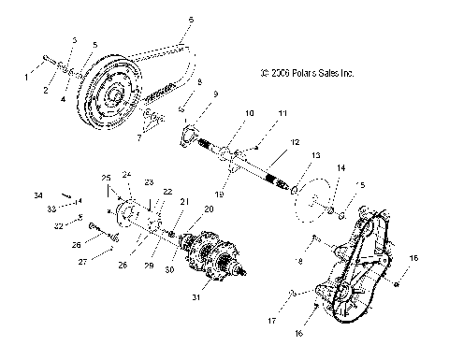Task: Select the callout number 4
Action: pyautogui.click(x=65, y=97)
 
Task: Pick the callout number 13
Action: pyautogui.click(x=315, y=154)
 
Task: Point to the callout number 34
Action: pyautogui.click(x=65, y=194)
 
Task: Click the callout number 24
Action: pyautogui.click(x=127, y=175)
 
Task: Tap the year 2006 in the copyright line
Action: pyautogui.click(x=281, y=70)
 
